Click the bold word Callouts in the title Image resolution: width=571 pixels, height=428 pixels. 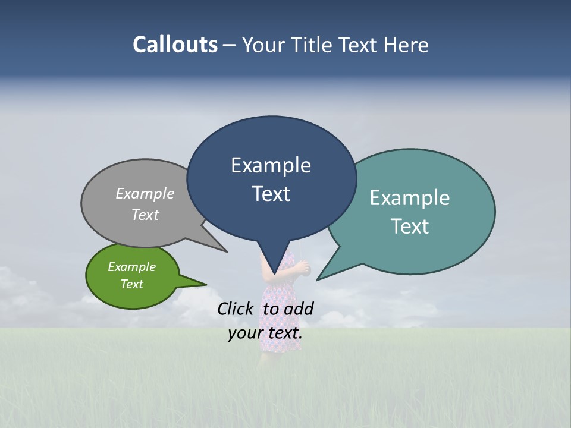pyautogui.click(x=175, y=45)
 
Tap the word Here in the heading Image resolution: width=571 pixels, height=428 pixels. pyautogui.click(x=406, y=45)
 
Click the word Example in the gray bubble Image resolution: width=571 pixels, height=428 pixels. pyautogui.click(x=145, y=193)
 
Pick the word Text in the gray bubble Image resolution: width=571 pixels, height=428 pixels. pyautogui.click(x=145, y=215)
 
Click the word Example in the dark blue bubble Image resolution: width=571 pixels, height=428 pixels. pyautogui.click(x=271, y=165)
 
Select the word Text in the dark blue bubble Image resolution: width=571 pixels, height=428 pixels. pyautogui.click(x=271, y=194)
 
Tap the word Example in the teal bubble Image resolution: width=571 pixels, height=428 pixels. pyautogui.click(x=409, y=198)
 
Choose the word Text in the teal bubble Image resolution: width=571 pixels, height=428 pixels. pyautogui.click(x=410, y=226)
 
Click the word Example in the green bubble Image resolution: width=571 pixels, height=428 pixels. pyautogui.click(x=131, y=267)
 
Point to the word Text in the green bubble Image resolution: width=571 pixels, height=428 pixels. pyautogui.click(x=131, y=284)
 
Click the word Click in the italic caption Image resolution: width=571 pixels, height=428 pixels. pyautogui.click(x=237, y=309)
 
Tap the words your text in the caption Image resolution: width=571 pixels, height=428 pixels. pyautogui.click(x=265, y=333)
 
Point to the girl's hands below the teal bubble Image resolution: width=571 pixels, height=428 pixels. pyautogui.click(x=305, y=269)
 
